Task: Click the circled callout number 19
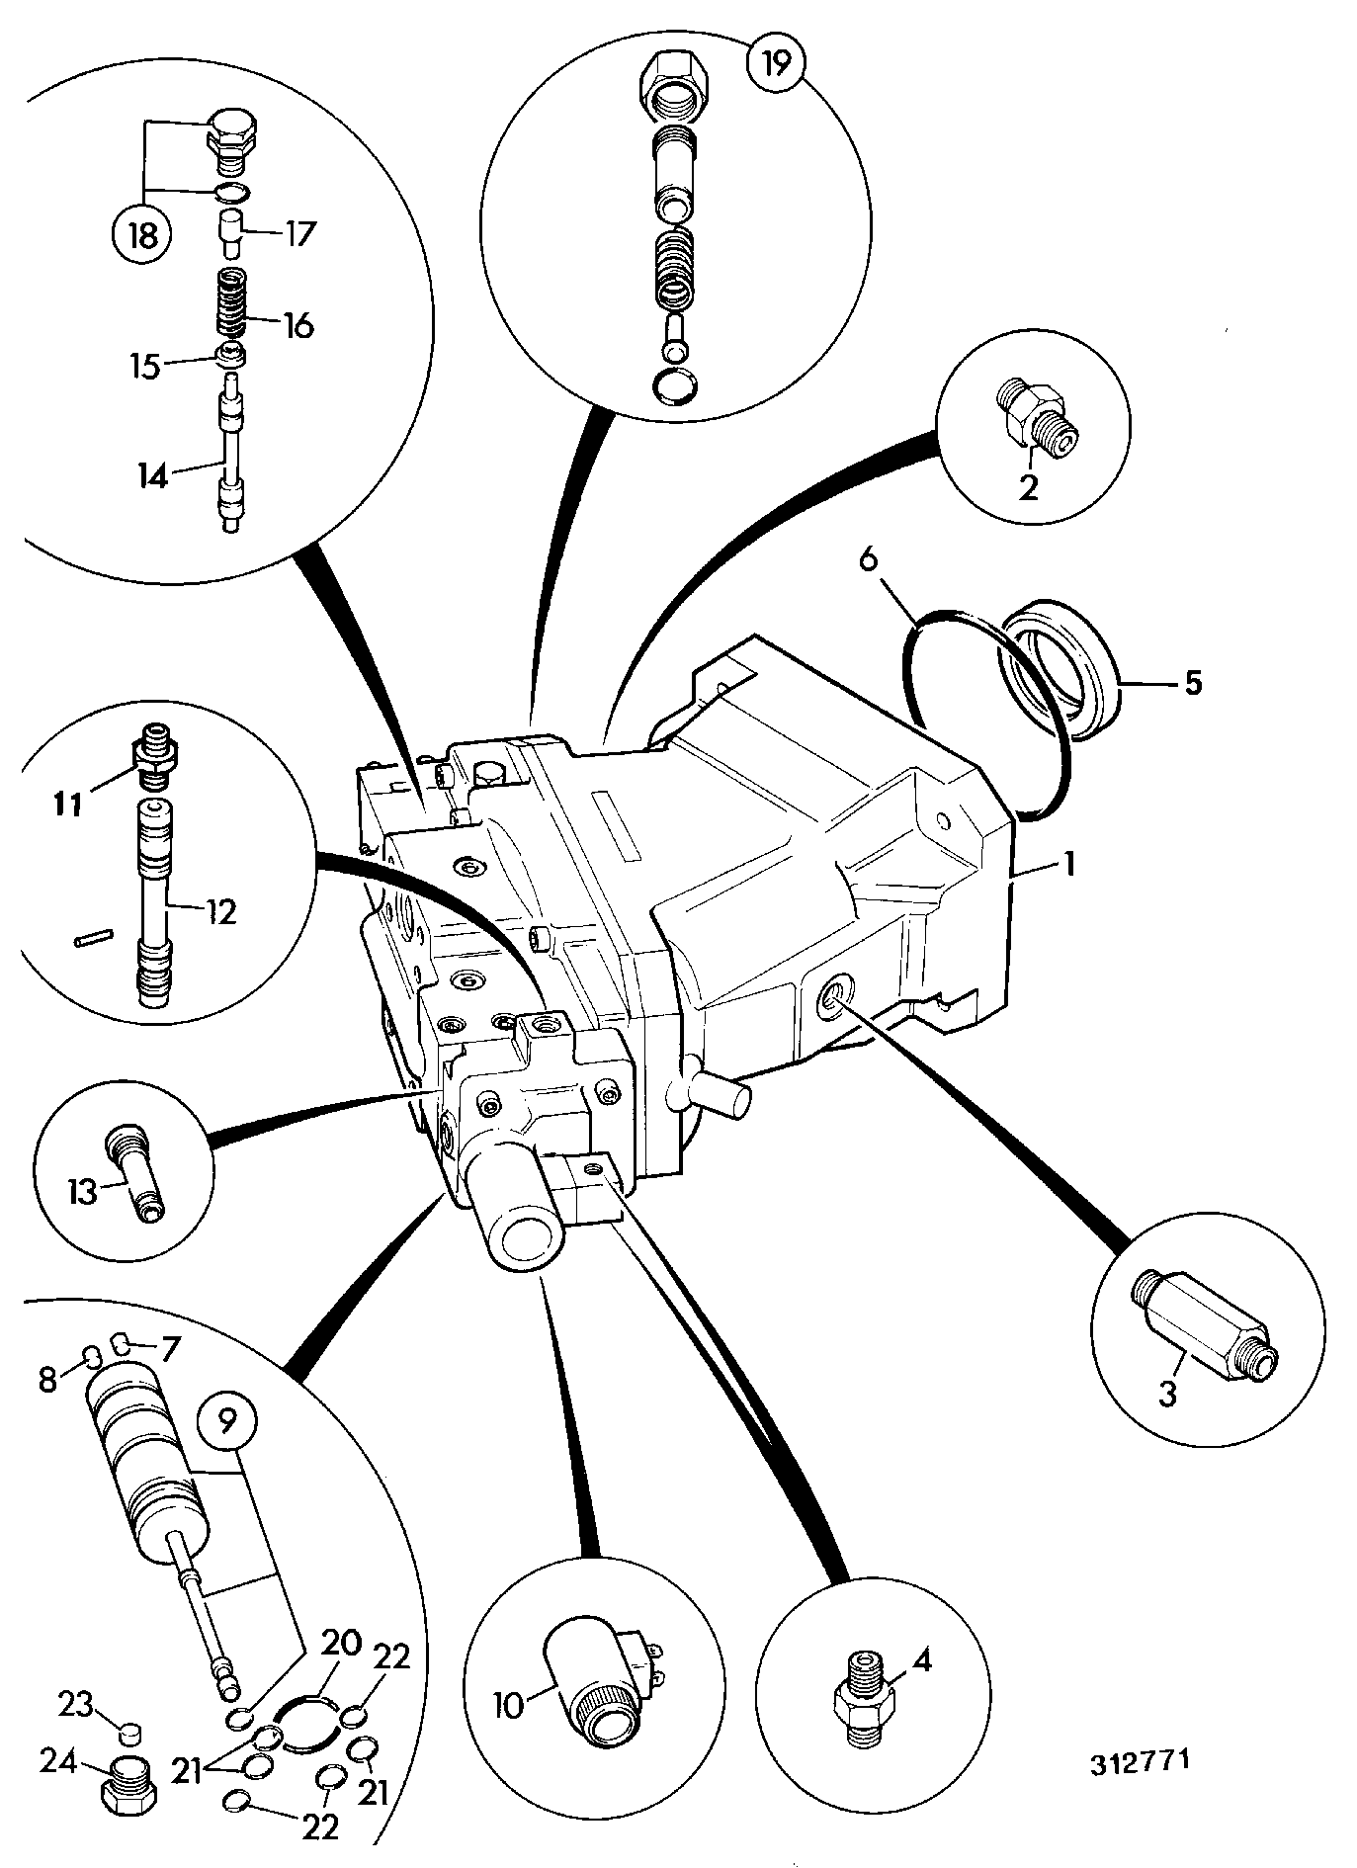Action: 776,64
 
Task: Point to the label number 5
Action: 1193,683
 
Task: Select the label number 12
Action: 221,911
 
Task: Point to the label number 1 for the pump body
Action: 1068,865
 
